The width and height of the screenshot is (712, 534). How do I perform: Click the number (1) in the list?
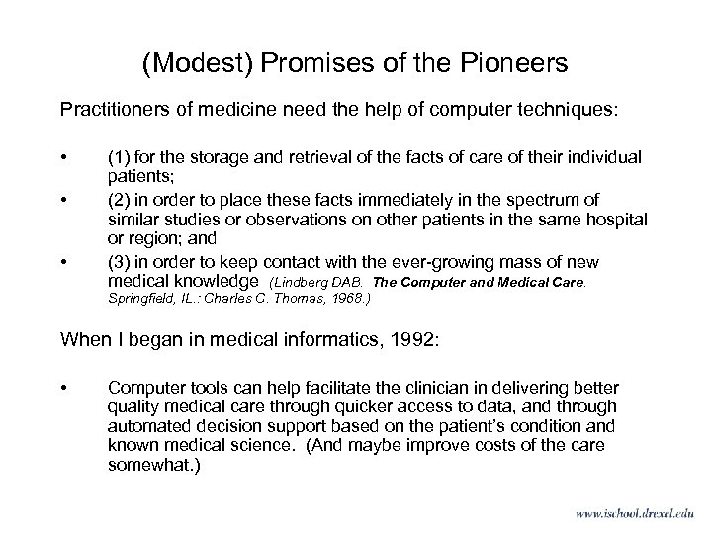121,157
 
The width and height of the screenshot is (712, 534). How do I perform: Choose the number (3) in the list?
121,262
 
